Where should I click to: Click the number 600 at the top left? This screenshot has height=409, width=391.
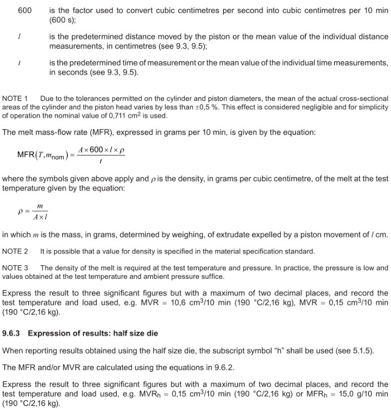pyautogui.click(x=25, y=10)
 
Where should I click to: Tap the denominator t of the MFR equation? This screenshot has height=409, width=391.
pyautogui.click(x=101, y=162)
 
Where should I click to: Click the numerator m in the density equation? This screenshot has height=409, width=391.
pyautogui.click(x=39, y=206)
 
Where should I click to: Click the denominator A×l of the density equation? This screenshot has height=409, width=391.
pyautogui.click(x=39, y=218)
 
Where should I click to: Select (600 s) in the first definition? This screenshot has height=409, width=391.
pyautogui.click(x=62, y=20)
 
